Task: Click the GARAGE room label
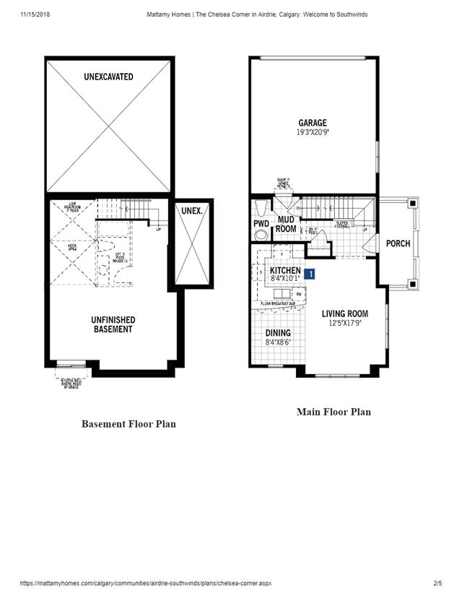(x=312, y=123)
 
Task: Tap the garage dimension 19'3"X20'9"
(x=312, y=133)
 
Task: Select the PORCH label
(x=398, y=243)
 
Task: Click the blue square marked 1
(x=310, y=274)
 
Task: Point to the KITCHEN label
(x=285, y=270)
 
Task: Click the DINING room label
(x=278, y=333)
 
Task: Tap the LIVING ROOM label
(x=344, y=313)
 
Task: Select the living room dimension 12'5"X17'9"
(x=344, y=323)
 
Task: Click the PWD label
(x=261, y=224)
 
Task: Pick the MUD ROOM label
(x=286, y=224)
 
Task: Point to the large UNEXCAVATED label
(x=108, y=77)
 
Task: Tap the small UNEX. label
(x=191, y=211)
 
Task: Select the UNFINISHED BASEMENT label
(x=113, y=324)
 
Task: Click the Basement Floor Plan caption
(x=128, y=424)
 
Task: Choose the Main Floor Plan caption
(x=334, y=412)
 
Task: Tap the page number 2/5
(x=437, y=582)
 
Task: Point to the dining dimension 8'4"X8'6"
(x=278, y=342)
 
